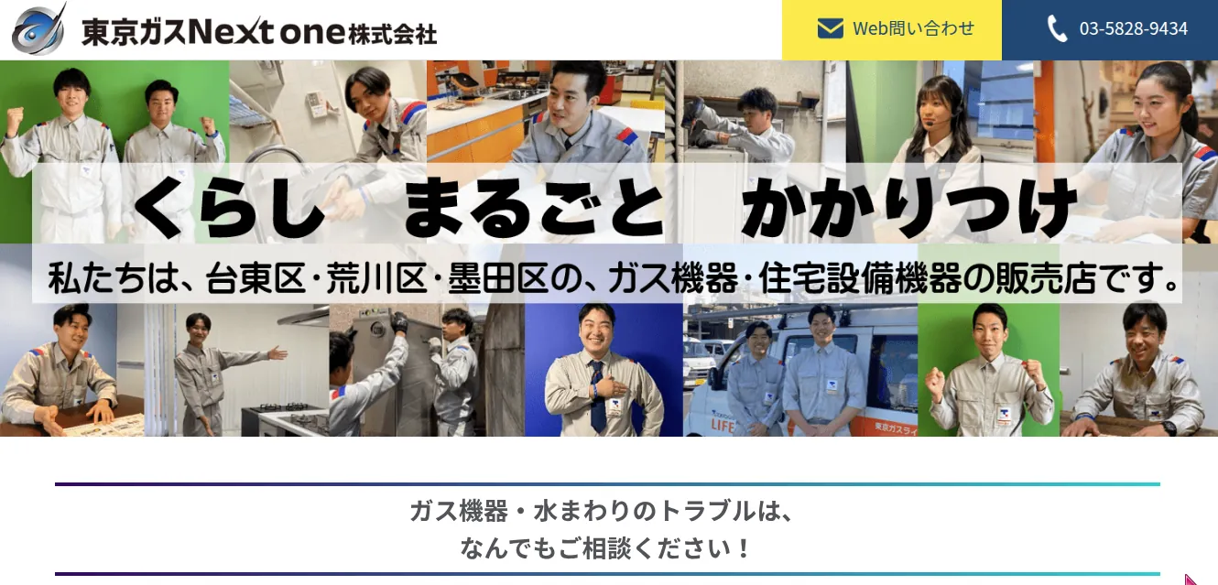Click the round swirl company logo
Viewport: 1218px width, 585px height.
pyautogui.click(x=38, y=30)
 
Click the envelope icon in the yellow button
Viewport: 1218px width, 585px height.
pyautogui.click(x=831, y=28)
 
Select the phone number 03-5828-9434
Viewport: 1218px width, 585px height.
pyautogui.click(x=1133, y=28)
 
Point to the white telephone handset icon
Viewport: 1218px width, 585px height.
pyautogui.click(x=1057, y=28)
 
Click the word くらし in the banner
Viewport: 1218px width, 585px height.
pyautogui.click(x=228, y=208)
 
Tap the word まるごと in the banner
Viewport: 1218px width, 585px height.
pyautogui.click(x=534, y=208)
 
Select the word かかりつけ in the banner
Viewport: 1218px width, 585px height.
pyautogui.click(x=909, y=208)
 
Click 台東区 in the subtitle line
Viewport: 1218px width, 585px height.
pyautogui.click(x=255, y=278)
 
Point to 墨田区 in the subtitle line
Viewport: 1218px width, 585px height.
pyautogui.click(x=497, y=278)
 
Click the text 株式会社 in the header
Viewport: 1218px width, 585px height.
pyautogui.click(x=393, y=35)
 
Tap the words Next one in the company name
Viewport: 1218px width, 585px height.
pyautogui.click(x=266, y=31)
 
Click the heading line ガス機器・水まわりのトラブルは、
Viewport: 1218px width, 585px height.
pyautogui.click(x=601, y=512)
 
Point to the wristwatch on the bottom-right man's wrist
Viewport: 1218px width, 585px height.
pyautogui.click(x=1169, y=428)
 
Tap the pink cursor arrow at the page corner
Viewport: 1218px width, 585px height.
pyautogui.click(x=1190, y=580)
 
